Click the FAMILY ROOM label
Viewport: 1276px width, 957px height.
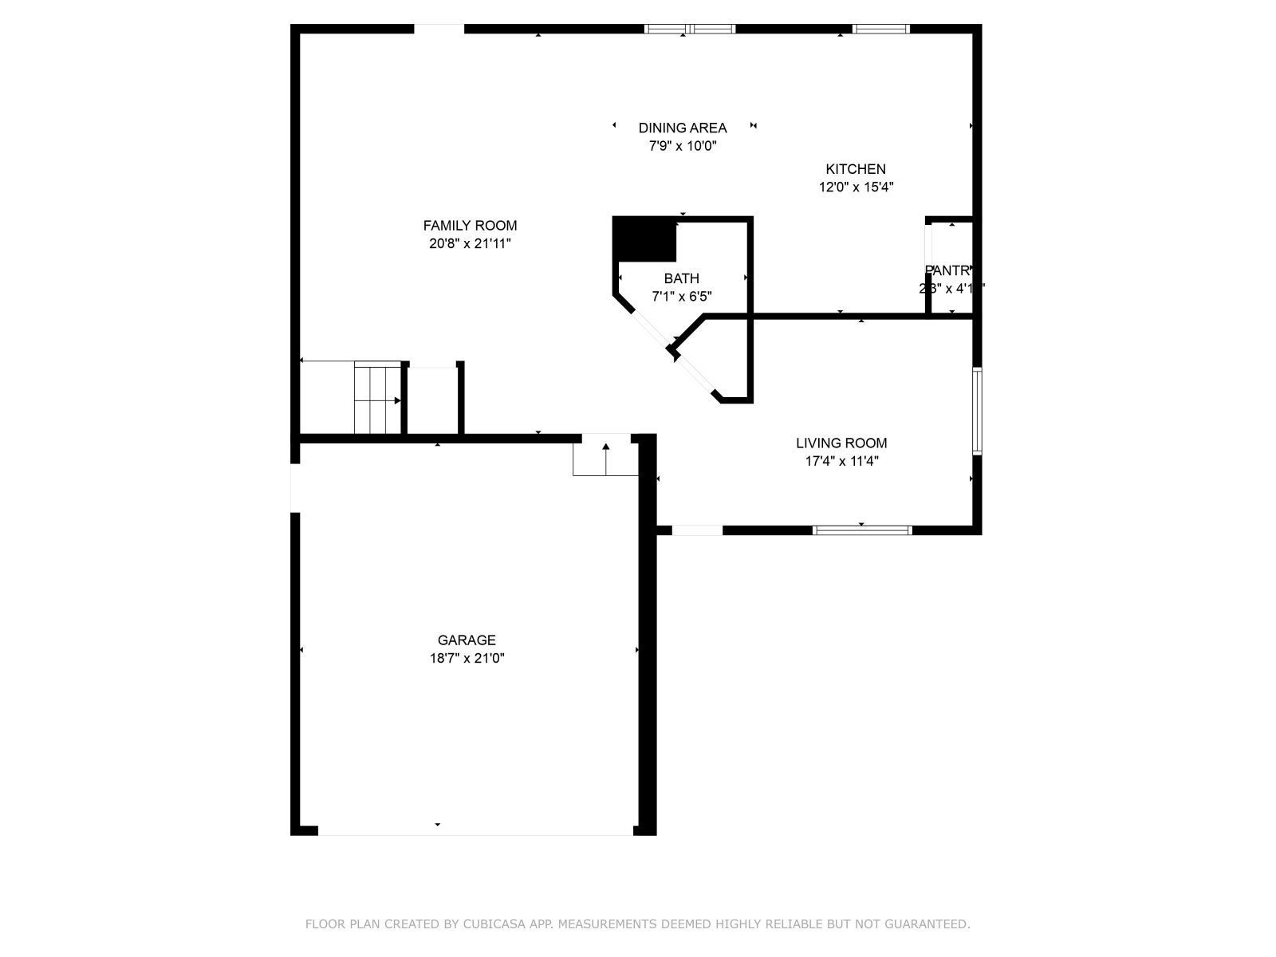[x=470, y=226]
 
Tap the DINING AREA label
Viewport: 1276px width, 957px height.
[x=683, y=128]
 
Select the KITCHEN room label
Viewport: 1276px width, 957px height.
[x=855, y=169]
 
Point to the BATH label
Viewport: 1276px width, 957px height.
[x=681, y=278]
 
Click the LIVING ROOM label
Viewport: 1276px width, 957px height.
[x=841, y=443]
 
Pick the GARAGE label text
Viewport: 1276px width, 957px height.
[x=467, y=640]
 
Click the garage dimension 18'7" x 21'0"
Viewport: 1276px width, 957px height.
[x=467, y=659]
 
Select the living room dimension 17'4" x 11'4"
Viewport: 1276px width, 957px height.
[x=841, y=461]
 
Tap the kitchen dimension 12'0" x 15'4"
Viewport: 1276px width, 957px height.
[x=856, y=187]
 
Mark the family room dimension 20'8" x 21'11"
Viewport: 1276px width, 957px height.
[x=470, y=244]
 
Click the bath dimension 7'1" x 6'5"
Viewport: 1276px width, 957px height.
[x=681, y=297]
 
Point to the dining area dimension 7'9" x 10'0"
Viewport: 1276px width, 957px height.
[x=683, y=146]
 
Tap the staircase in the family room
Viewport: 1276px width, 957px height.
[x=377, y=398]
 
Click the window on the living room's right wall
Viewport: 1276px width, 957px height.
[x=977, y=411]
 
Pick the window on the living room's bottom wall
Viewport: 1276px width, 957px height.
[x=862, y=530]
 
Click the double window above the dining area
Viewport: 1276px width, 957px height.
[x=690, y=30]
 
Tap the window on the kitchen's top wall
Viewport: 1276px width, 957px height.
[x=880, y=30]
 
